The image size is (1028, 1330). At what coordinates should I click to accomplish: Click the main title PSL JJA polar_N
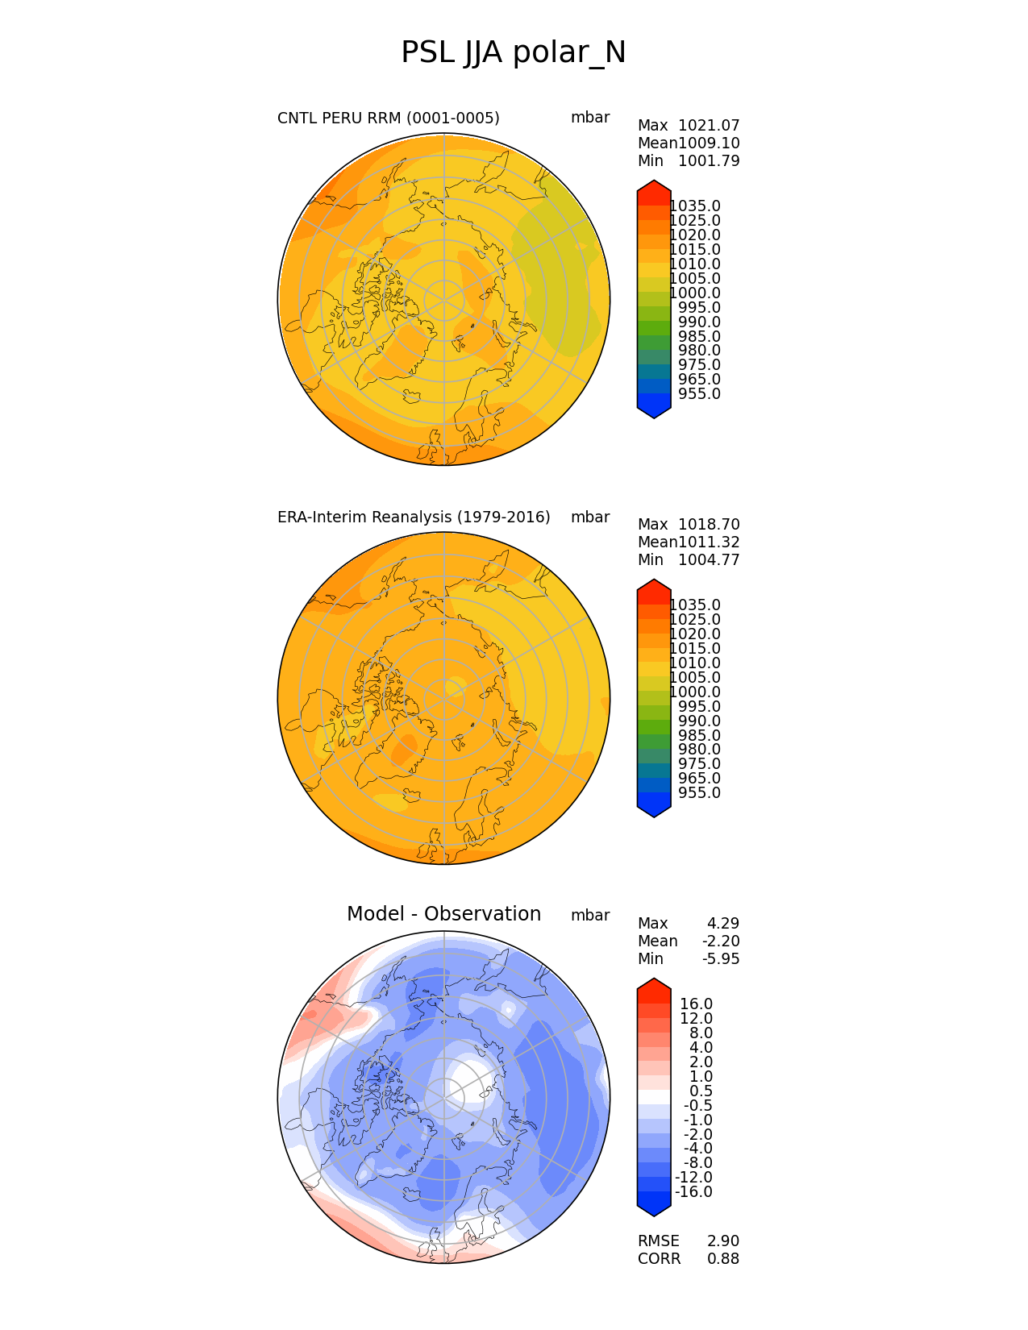point(513,53)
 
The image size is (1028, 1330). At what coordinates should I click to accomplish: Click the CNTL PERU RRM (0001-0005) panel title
point(388,118)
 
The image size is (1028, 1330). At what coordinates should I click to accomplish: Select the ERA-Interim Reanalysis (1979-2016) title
point(414,517)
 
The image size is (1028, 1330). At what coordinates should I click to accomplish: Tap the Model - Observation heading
point(443,914)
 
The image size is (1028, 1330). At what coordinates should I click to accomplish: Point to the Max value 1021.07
point(709,126)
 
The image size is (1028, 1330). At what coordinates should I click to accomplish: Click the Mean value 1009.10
point(709,143)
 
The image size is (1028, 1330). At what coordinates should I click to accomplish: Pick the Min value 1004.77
point(709,560)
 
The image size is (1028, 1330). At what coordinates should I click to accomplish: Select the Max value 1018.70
point(709,525)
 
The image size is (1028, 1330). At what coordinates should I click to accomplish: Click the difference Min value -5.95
point(723,959)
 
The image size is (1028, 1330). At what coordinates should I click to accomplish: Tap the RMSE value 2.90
point(723,1241)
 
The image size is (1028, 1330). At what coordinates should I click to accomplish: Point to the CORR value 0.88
point(723,1259)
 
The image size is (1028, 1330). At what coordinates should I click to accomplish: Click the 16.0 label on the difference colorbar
point(697,1004)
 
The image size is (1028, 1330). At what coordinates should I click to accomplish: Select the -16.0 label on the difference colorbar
point(693,1192)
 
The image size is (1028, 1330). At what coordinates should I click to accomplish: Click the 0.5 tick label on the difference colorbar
point(701,1091)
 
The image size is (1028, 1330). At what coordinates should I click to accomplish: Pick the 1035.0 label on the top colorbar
point(695,206)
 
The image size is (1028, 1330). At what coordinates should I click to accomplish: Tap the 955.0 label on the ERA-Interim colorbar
point(699,793)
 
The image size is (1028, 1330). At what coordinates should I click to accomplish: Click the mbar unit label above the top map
point(590,118)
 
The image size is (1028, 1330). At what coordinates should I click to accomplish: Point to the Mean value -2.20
point(723,941)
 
